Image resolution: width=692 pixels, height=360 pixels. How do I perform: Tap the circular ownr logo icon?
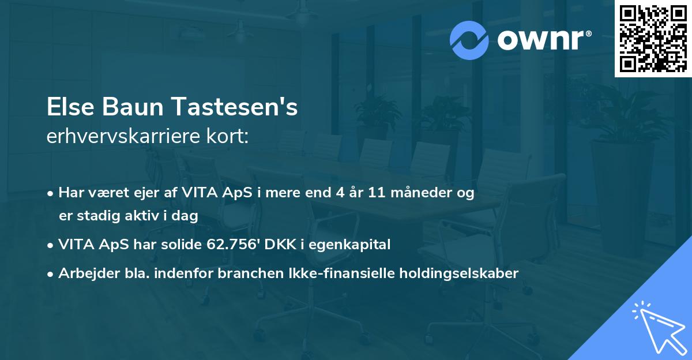point(469,40)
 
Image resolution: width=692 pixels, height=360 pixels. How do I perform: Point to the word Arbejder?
point(86,273)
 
